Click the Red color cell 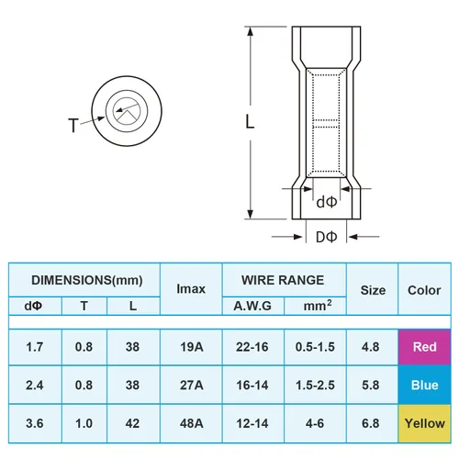click(424, 347)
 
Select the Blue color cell click(424, 386)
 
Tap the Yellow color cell click(424, 423)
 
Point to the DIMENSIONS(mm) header click(84, 279)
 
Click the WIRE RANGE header click(283, 279)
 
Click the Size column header click(373, 290)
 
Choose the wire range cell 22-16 click(252, 347)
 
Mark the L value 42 click(134, 423)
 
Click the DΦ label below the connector click(326, 238)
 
